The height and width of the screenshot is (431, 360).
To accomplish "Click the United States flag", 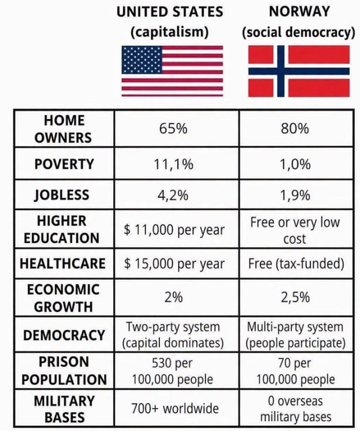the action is (x=172, y=71).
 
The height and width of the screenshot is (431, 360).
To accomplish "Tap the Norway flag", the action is (x=299, y=71).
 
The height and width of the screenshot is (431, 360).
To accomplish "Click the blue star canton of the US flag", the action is (x=142, y=60).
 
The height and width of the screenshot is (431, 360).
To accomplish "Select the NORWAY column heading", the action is (x=299, y=11).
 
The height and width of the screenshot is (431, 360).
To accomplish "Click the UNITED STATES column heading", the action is (x=170, y=11).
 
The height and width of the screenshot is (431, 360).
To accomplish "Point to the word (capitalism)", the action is (x=170, y=32).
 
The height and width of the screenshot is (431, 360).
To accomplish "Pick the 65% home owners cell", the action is (x=173, y=128).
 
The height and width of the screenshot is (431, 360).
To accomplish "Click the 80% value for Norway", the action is (x=295, y=128).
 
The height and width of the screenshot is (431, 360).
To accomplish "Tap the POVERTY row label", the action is (x=64, y=164).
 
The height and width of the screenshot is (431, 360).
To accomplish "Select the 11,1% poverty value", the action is (x=174, y=164).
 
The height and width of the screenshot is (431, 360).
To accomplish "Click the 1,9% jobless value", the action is (x=295, y=195).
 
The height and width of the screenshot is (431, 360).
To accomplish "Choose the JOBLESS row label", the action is (x=62, y=195).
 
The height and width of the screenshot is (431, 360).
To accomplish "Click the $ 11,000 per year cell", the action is (x=174, y=230).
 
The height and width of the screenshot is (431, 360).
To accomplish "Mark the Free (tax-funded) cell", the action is (x=296, y=264).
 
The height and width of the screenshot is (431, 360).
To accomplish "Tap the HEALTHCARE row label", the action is (x=62, y=264).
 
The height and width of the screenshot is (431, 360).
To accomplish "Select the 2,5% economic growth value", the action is (x=295, y=297).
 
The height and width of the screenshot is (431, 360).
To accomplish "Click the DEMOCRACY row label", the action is (x=64, y=335).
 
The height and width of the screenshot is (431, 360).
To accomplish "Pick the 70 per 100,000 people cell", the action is (x=295, y=371).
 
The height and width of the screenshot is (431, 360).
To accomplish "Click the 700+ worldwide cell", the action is (x=175, y=408).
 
